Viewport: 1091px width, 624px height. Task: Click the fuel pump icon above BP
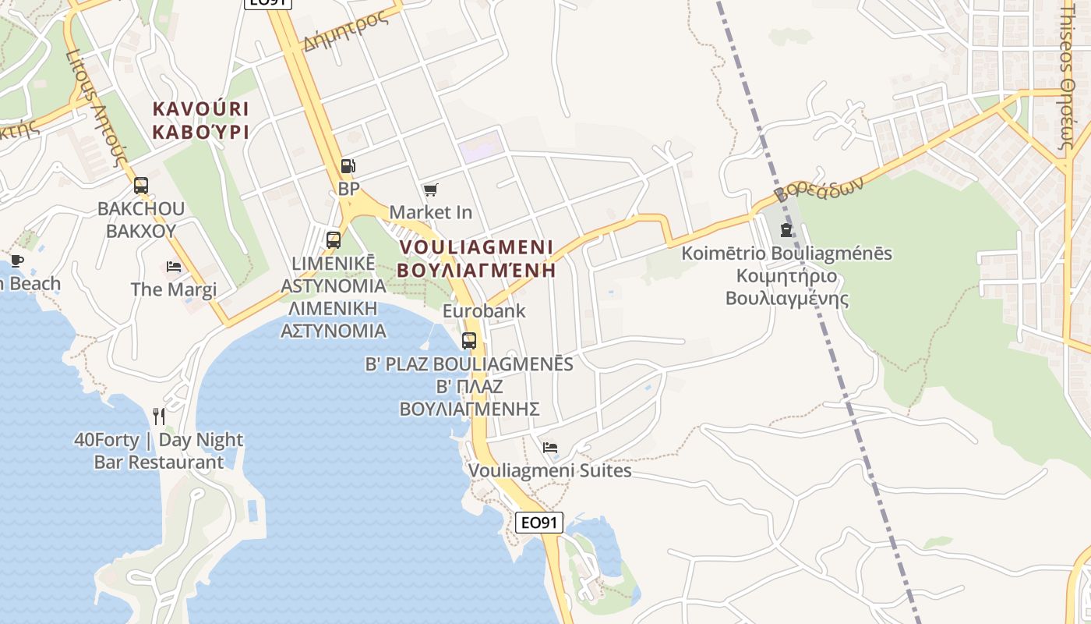(348, 165)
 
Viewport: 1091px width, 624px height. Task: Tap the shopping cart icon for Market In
(430, 190)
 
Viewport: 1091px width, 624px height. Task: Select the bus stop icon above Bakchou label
(141, 186)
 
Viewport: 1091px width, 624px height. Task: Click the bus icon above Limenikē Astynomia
(334, 239)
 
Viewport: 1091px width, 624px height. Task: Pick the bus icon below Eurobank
(468, 340)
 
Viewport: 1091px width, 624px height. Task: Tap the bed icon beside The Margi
(174, 267)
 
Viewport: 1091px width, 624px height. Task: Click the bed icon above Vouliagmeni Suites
(550, 448)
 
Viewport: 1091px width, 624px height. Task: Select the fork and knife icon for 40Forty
(159, 416)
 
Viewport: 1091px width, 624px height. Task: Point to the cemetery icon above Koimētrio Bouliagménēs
(786, 230)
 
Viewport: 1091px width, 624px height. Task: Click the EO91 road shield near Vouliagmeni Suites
(539, 523)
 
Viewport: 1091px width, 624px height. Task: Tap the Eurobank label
(484, 311)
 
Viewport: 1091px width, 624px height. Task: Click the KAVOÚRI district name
(201, 108)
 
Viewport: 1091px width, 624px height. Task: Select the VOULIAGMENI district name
(476, 247)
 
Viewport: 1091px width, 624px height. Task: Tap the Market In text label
(431, 212)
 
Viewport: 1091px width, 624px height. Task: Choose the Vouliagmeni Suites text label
(549, 471)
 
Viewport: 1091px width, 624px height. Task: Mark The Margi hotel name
(174, 289)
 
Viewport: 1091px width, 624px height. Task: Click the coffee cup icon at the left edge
(16, 261)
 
